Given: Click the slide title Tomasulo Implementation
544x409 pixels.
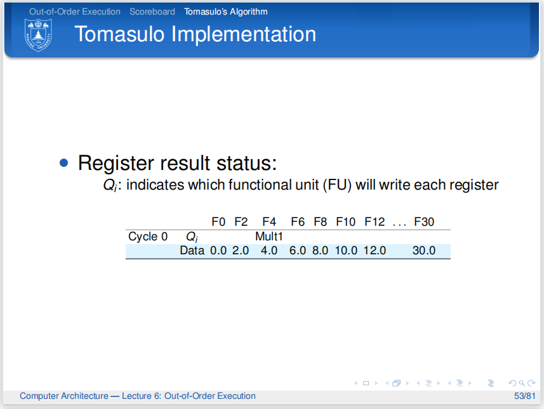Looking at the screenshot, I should click(195, 34).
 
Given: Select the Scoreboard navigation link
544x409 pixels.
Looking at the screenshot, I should click(152, 11).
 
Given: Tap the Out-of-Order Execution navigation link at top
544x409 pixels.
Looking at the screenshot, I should click(74, 11).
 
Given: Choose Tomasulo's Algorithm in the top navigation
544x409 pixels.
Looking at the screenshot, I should click(226, 11).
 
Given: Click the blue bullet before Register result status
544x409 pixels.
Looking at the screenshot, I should click(63, 163).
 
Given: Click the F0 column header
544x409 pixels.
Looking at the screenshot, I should click(218, 222).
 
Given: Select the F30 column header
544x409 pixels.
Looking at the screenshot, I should click(424, 222).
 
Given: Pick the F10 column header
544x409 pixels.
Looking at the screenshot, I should click(346, 222).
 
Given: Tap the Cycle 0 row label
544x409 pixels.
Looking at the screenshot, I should click(148, 237).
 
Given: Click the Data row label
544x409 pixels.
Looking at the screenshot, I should click(192, 250).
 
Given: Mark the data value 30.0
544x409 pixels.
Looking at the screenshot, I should click(424, 250).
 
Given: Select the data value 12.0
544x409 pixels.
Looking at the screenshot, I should click(375, 250).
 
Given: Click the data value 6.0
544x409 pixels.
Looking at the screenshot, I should click(298, 250).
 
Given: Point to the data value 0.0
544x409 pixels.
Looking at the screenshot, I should click(218, 250).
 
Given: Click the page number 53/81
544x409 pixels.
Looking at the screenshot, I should click(524, 396).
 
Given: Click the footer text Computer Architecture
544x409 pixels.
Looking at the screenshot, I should click(63, 396).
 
